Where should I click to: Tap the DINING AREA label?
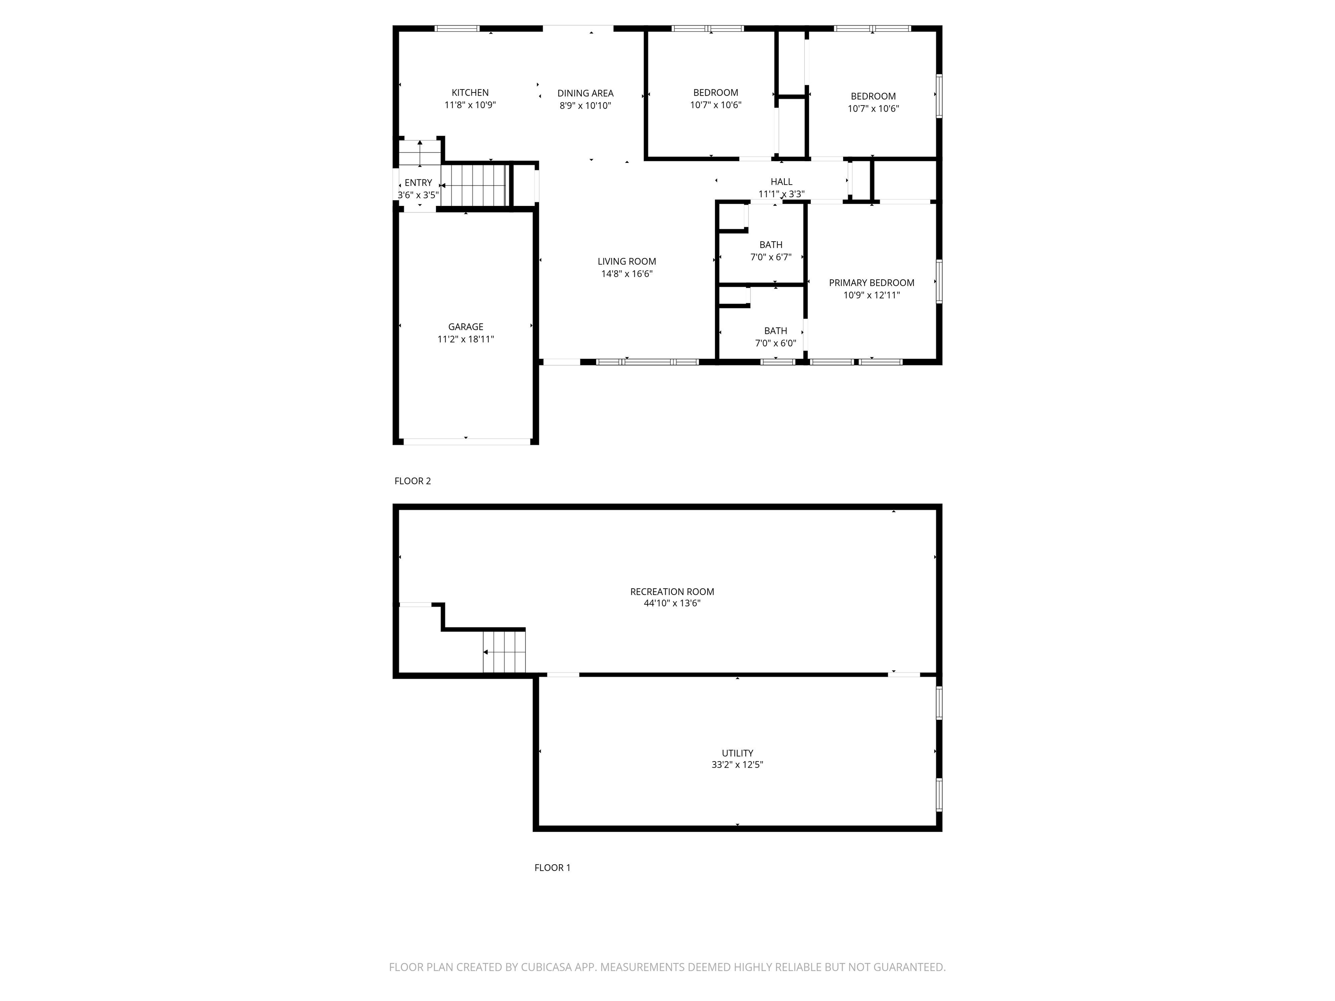585,93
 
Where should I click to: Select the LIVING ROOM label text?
627,261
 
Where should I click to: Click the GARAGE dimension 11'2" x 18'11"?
465,339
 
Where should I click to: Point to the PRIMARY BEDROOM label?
871,282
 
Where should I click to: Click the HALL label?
781,182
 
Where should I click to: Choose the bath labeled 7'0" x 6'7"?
770,250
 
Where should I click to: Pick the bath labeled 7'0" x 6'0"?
776,337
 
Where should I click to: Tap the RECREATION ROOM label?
672,591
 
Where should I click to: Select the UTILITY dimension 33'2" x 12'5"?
737,765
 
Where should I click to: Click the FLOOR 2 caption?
412,481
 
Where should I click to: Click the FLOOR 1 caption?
551,868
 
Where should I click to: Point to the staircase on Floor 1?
504,652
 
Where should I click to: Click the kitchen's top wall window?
457,28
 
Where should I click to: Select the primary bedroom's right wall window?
939,281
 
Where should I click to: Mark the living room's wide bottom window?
647,362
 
